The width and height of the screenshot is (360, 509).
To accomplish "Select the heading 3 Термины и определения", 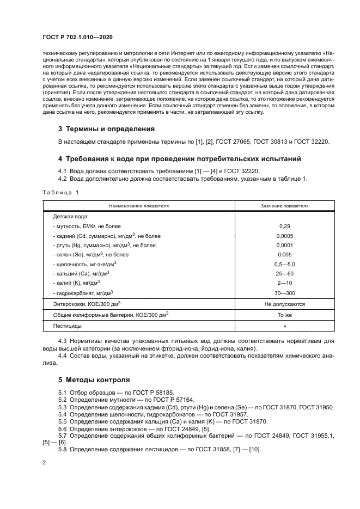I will click(x=106, y=129).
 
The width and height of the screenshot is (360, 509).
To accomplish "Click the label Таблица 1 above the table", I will click(x=60, y=192).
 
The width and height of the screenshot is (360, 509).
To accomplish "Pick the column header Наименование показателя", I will click(x=138, y=206).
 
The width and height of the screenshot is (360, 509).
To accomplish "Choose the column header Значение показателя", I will click(x=284, y=206).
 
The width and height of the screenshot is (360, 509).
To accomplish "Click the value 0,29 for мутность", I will click(x=284, y=225).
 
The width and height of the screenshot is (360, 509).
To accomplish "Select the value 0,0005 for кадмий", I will click(x=284, y=236).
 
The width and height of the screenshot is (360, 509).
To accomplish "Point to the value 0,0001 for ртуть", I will click(x=284, y=246).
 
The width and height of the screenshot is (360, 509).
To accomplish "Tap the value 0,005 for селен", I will click(x=284, y=254).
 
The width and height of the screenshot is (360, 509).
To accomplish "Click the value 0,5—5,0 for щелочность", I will click(x=284, y=264).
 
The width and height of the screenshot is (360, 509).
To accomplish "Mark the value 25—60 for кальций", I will click(x=284, y=273).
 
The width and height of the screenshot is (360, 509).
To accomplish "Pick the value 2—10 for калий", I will click(x=284, y=283).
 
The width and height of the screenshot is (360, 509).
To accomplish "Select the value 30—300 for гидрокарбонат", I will click(x=284, y=292).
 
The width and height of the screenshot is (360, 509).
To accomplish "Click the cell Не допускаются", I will click(x=284, y=304).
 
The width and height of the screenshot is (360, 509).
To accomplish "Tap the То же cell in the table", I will click(x=284, y=315).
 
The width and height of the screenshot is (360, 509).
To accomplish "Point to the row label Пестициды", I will click(x=67, y=326).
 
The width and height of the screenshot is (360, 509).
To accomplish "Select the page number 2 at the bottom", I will click(x=44, y=463).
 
